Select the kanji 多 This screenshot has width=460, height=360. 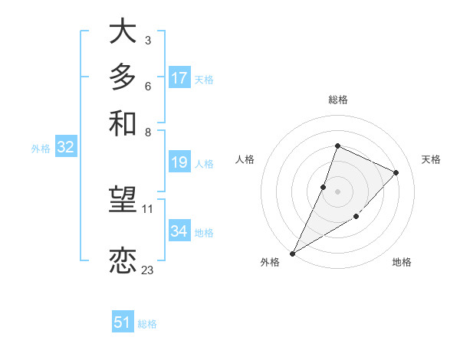tap(123, 78)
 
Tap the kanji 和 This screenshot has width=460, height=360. tap(123, 123)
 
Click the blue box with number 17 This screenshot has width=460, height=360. tap(179, 78)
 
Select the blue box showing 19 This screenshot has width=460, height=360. tap(179, 162)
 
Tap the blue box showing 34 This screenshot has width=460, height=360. tap(179, 232)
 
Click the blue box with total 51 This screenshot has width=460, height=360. tap(123, 323)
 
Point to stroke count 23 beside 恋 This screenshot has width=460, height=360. tap(147, 270)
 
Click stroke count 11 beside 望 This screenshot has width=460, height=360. tap(147, 208)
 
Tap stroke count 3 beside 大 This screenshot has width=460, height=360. tap(147, 39)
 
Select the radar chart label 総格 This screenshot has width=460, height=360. tap(337, 100)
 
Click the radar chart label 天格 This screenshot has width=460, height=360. tap(431, 159)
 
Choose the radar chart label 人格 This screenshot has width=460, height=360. tap(245, 159)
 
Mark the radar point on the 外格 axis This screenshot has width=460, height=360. tap(292, 253)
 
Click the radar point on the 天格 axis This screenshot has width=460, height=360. tap(396, 172)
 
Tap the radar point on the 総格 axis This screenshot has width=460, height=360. tap(337, 146)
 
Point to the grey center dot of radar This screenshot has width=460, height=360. tap(337, 191)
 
